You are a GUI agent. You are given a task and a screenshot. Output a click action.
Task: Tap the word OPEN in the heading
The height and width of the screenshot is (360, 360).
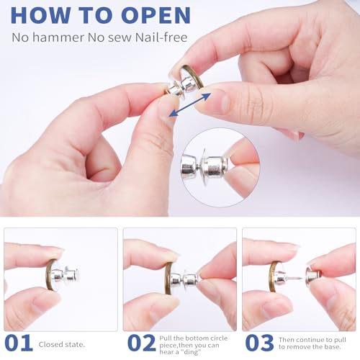156,15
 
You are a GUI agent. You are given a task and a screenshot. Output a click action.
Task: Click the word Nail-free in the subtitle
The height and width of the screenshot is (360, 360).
161,37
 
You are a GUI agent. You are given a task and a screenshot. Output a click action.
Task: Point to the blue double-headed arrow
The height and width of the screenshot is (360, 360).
189,105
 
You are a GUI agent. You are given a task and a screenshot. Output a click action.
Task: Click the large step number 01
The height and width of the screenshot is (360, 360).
19,343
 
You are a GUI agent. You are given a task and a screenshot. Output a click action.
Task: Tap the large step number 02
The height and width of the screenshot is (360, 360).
142,343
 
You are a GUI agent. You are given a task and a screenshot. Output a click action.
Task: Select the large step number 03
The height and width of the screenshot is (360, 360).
259,343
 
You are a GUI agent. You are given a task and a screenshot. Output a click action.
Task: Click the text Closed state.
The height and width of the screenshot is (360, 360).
62,345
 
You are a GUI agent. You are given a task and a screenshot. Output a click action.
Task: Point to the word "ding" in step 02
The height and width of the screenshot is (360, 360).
192,351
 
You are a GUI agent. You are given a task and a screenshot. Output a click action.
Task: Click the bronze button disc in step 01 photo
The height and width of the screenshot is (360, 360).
50,275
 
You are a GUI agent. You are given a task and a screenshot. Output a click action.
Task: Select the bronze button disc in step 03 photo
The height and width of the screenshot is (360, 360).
273,276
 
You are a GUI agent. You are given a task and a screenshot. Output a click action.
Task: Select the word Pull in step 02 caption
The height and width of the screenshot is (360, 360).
166,338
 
